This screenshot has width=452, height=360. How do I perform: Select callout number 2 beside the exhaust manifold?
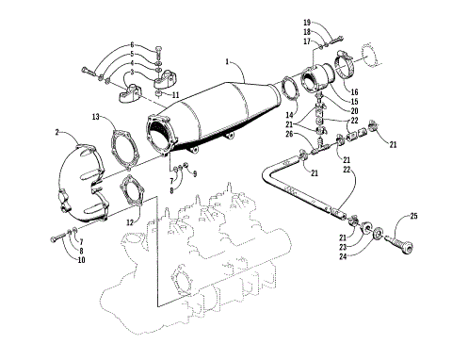pyautogui.click(x=58, y=132)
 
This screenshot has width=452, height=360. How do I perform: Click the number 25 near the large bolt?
pyautogui.click(x=412, y=218)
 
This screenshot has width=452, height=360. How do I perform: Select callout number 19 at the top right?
pyautogui.click(x=307, y=22)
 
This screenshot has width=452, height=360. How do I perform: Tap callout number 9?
pyautogui.click(x=195, y=174)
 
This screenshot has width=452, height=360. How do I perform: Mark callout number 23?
pyautogui.click(x=342, y=245)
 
